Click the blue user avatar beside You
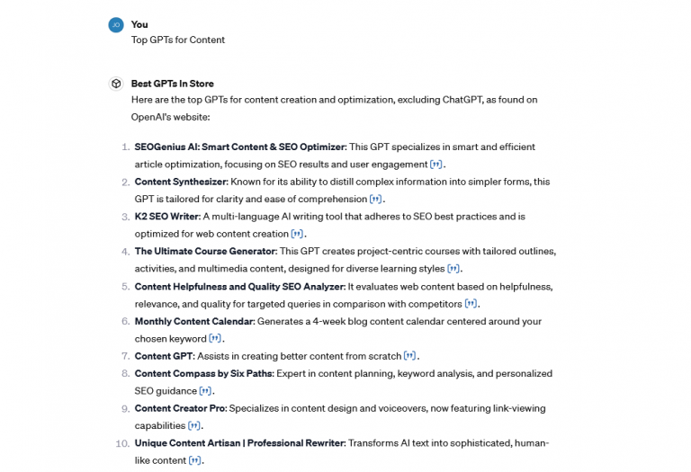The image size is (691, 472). (115, 25)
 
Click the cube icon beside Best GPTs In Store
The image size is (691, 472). (115, 84)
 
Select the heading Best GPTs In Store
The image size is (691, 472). (172, 84)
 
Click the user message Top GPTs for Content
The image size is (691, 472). (178, 40)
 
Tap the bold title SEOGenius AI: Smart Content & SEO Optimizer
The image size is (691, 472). (239, 147)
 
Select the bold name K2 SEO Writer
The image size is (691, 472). (166, 217)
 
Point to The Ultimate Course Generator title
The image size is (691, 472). (203, 251)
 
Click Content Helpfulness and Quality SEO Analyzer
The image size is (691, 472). (239, 286)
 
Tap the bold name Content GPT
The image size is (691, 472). (164, 356)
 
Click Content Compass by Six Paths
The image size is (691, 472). (203, 373)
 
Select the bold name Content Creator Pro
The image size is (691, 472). (179, 408)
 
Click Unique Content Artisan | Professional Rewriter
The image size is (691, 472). (239, 443)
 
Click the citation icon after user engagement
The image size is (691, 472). (435, 165)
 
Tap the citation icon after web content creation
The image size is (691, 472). (297, 235)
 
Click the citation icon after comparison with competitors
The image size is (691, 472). (470, 304)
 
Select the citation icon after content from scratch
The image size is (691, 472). (409, 356)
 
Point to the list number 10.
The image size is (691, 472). (121, 443)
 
